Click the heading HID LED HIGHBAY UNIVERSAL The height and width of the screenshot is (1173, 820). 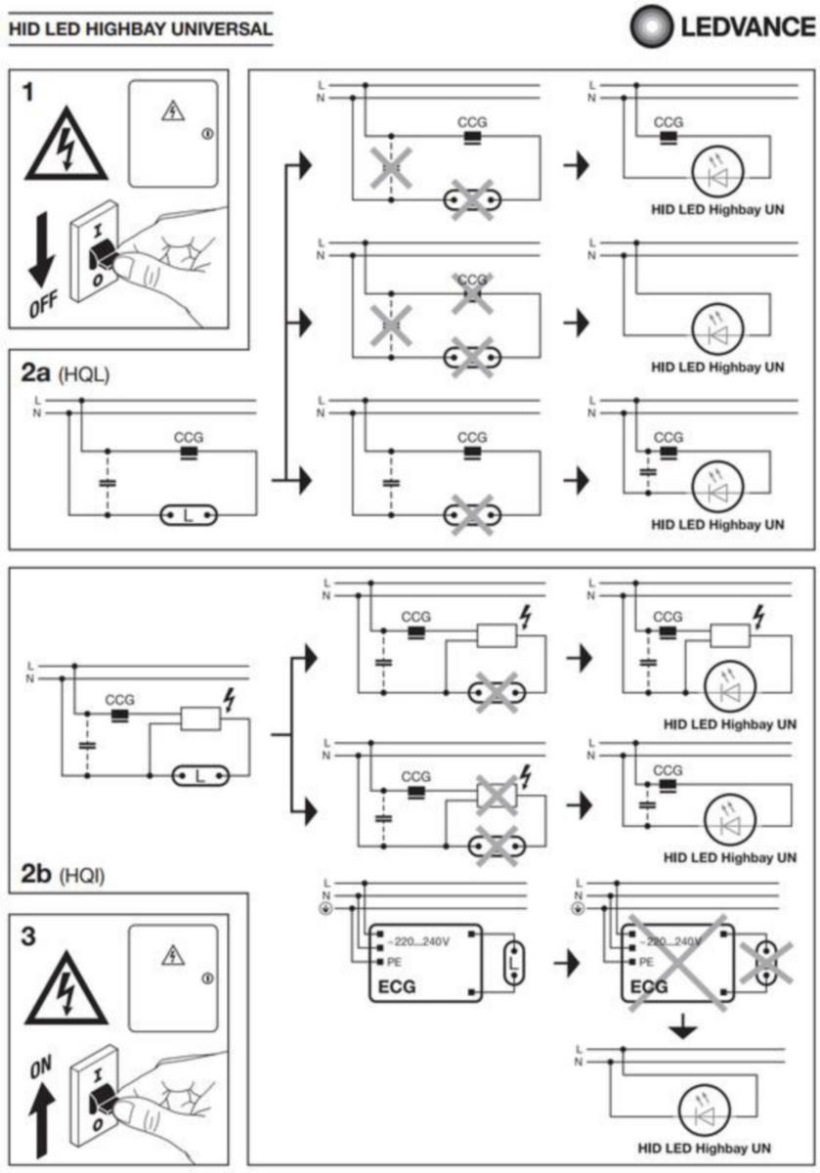pos(140,29)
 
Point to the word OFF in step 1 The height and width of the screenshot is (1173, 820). pos(42,311)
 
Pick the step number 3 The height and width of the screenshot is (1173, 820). pos(34,935)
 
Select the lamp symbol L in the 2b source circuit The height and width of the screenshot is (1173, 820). pos(199,776)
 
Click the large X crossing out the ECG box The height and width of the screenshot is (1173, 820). pos(675,962)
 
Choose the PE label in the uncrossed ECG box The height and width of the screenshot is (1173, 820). pos(395,961)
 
